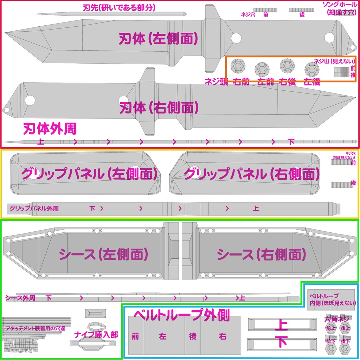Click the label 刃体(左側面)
click(x=158, y=39)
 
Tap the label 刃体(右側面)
click(x=159, y=108)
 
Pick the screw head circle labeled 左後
click(x=312, y=70)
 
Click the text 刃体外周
click(x=50, y=129)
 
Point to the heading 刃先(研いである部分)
click(x=119, y=7)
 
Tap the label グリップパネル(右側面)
click(x=252, y=174)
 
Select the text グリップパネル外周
click(x=34, y=208)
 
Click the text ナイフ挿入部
click(x=96, y=335)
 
